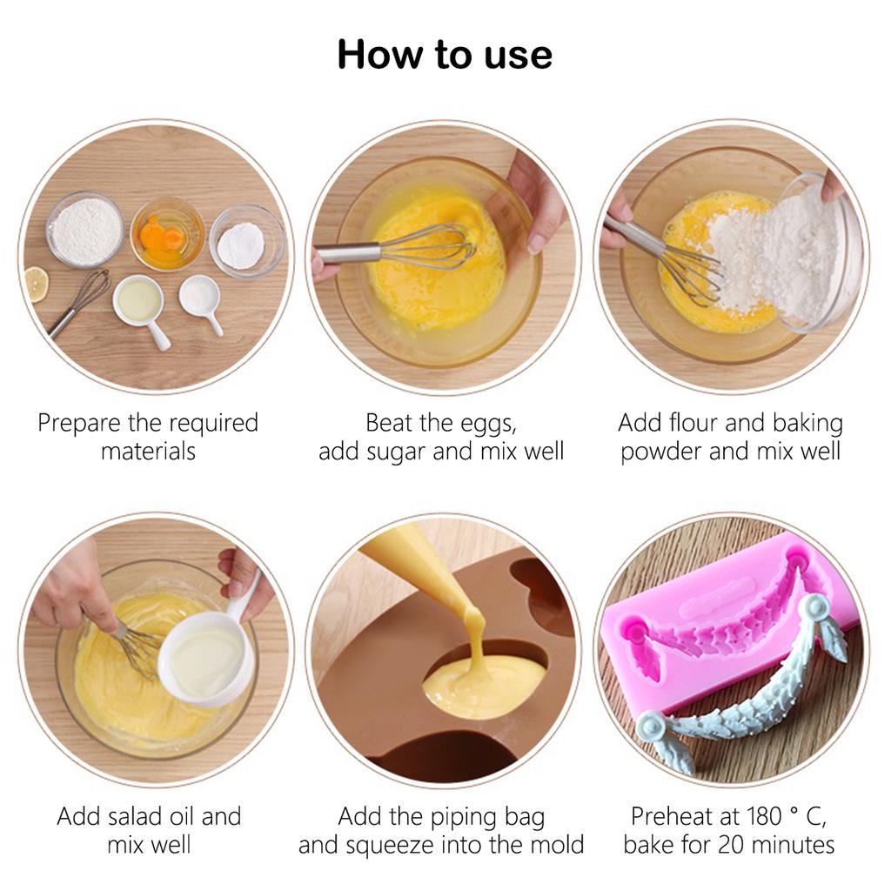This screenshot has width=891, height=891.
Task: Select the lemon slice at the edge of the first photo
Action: (x=35, y=285)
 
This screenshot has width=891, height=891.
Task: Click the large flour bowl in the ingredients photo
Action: (x=85, y=230)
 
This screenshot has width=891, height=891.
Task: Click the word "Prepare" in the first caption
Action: (x=80, y=424)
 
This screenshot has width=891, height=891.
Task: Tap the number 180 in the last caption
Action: (x=762, y=816)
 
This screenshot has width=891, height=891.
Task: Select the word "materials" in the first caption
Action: (x=148, y=452)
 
